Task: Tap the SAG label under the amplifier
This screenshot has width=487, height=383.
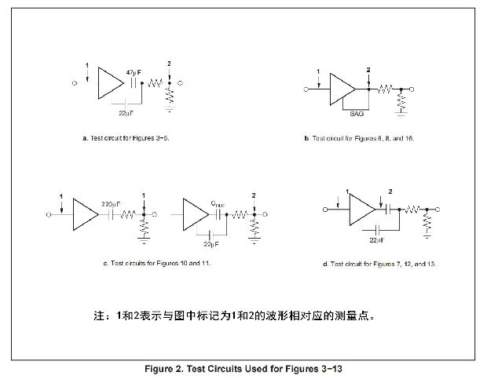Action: [x=356, y=112]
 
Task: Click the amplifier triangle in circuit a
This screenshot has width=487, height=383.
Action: [x=109, y=82]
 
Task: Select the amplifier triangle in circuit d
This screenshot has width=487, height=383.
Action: [x=360, y=210]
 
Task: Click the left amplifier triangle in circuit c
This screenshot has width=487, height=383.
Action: [x=82, y=213]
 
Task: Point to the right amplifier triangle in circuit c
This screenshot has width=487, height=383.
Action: [x=193, y=213]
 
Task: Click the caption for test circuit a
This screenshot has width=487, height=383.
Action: [x=126, y=137]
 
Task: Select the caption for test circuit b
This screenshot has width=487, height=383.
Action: [x=358, y=137]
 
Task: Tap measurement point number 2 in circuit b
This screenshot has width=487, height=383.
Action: [x=368, y=71]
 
